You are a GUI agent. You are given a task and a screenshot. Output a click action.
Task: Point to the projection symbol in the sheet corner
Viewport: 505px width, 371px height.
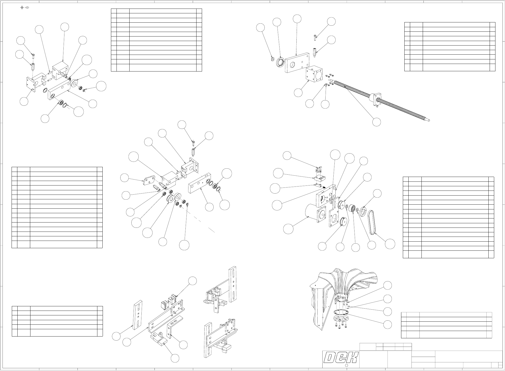25,7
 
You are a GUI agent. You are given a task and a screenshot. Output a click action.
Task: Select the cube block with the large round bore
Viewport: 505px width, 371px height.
315,74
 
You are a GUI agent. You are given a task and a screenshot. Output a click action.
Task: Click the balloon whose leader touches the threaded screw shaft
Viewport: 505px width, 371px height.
376,122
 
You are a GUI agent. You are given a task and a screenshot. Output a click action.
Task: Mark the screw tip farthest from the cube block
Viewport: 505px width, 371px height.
428,120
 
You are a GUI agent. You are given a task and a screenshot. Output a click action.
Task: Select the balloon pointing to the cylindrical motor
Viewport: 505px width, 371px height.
288,229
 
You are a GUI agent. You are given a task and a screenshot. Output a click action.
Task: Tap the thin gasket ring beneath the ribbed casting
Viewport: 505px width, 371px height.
340,312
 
